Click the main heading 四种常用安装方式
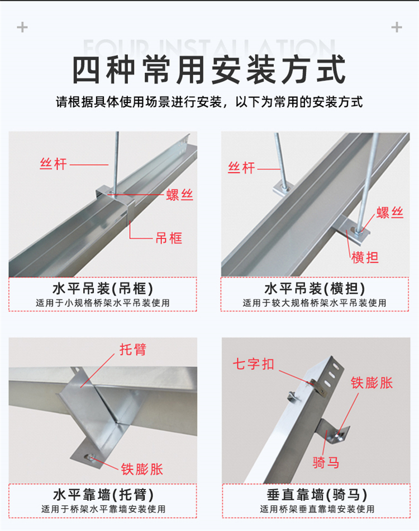click(x=209, y=70)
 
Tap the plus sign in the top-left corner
click(x=22, y=27)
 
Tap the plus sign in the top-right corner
click(x=397, y=27)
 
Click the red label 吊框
click(x=169, y=238)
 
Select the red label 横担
click(x=365, y=257)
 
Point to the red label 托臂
click(x=133, y=350)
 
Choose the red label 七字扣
click(x=253, y=364)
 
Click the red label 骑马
click(x=326, y=462)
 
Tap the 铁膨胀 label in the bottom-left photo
click(x=142, y=469)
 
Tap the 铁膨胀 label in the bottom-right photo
click(x=372, y=383)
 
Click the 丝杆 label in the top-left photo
click(x=53, y=165)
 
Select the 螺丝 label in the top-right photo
click(x=390, y=213)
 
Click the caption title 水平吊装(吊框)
click(x=103, y=289)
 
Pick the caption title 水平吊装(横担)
click(x=315, y=289)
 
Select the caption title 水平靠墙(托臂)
click(x=103, y=495)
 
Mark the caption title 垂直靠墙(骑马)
click(x=317, y=495)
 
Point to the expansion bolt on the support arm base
click(x=90, y=458)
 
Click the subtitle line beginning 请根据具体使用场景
click(x=209, y=102)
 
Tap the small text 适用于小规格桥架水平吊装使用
click(x=103, y=303)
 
